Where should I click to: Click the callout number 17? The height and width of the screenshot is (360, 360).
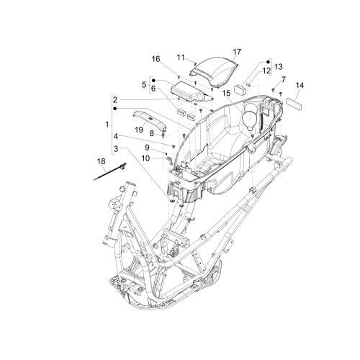coord(237,52)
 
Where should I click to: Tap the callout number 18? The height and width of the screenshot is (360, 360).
coord(102,161)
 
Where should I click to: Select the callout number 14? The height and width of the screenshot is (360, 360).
coord(300,85)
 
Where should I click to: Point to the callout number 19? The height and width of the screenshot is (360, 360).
coord(139,130)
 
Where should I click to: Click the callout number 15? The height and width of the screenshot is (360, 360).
coord(226,93)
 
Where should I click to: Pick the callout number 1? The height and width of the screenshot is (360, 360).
coord(107,125)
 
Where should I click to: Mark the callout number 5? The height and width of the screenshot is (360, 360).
coord(144,85)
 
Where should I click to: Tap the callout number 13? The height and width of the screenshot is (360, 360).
coord(279,66)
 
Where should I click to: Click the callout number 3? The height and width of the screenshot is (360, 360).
coord(116,149)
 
